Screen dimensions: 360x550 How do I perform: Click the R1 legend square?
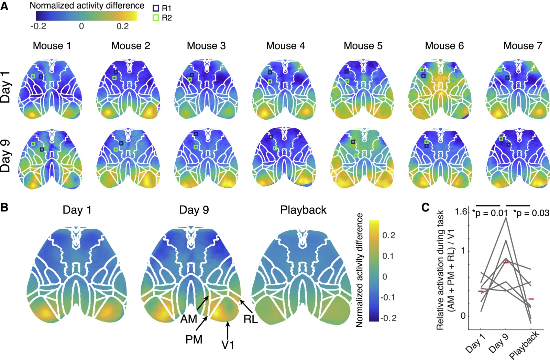(x=156, y=8)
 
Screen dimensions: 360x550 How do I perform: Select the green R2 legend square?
(x=156, y=18)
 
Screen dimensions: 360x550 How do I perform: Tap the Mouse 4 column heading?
(x=285, y=46)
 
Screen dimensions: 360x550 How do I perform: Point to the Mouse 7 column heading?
(x=522, y=46)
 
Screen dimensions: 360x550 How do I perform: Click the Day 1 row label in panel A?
(x=5, y=88)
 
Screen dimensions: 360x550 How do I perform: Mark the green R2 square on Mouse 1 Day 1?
(x=33, y=76)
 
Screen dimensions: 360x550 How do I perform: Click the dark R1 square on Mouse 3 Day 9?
(x=196, y=134)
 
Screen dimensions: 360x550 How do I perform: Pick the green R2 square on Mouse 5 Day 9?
(x=356, y=155)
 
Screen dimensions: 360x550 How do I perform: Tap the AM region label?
(x=189, y=319)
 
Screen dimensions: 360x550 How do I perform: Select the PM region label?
(x=194, y=339)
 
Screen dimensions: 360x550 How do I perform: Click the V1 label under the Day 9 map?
(x=228, y=344)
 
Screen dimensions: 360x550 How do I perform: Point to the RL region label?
(x=251, y=319)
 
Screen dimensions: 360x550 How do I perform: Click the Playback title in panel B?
(x=303, y=210)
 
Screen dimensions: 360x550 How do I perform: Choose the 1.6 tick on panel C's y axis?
(x=461, y=211)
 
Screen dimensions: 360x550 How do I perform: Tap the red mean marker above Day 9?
(x=506, y=263)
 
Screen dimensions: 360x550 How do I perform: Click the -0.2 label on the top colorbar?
(x=38, y=26)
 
